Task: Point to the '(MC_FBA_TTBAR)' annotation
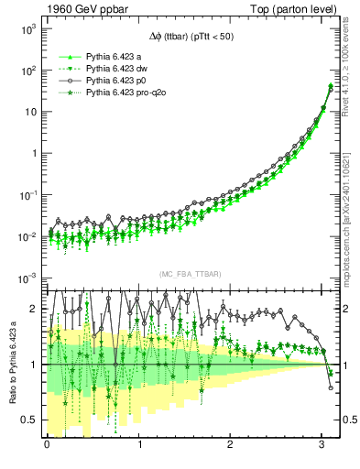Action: click(x=191, y=274)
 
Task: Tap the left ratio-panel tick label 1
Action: click(x=34, y=365)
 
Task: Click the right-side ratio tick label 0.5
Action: click(x=347, y=420)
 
